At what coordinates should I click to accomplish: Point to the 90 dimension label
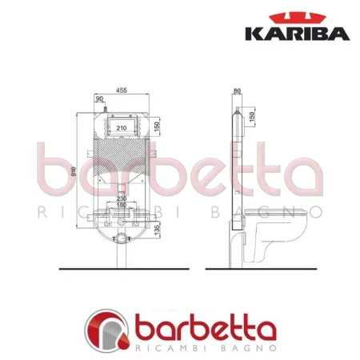[100, 101]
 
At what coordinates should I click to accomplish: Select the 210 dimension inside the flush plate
[122, 127]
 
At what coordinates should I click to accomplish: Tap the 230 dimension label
[122, 198]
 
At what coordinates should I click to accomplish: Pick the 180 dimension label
[122, 206]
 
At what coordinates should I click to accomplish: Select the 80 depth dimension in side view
[237, 90]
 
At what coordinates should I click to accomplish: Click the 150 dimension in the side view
[254, 118]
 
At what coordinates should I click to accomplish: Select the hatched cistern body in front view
[122, 160]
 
